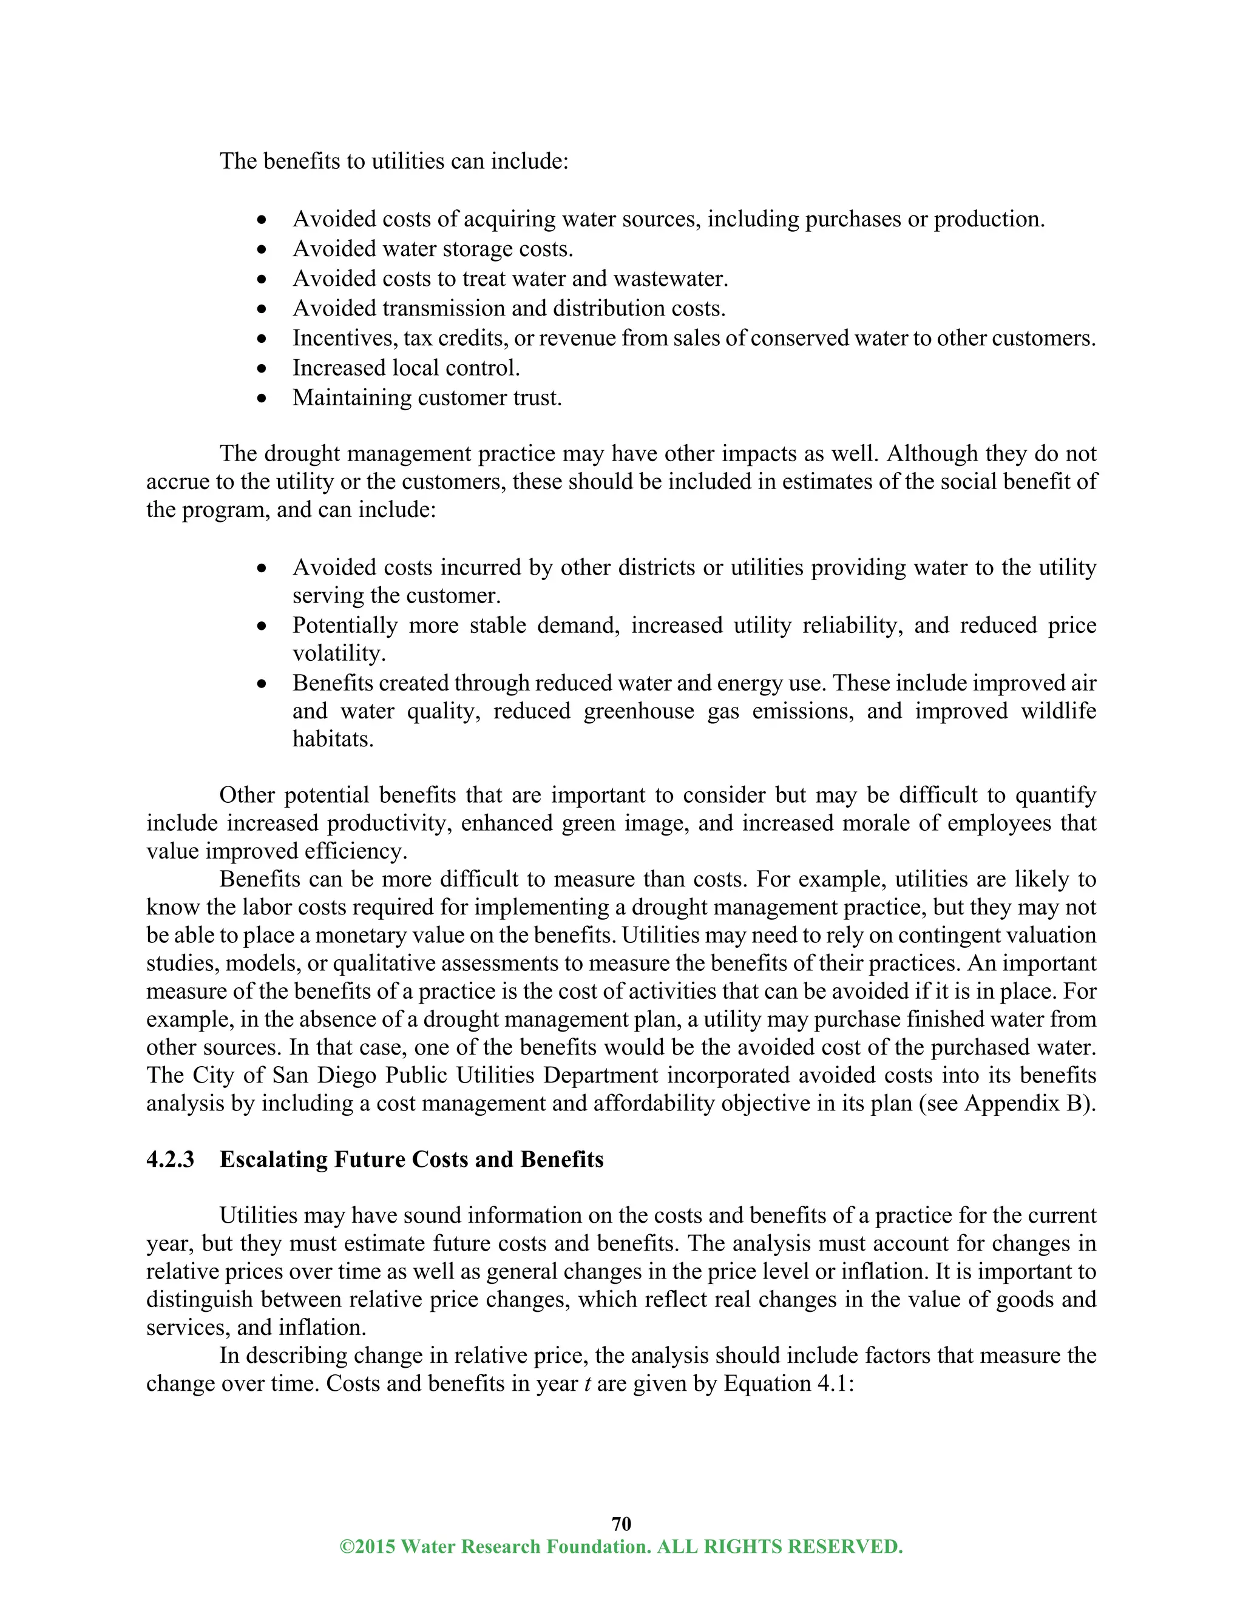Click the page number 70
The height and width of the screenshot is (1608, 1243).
(621, 1523)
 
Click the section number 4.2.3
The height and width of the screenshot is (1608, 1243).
(170, 1159)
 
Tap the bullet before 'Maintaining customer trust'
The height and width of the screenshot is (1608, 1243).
(262, 398)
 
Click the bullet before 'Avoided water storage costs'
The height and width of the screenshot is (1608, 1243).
(262, 249)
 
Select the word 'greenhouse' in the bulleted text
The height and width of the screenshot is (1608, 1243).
(638, 711)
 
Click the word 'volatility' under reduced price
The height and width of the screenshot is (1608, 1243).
(338, 653)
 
